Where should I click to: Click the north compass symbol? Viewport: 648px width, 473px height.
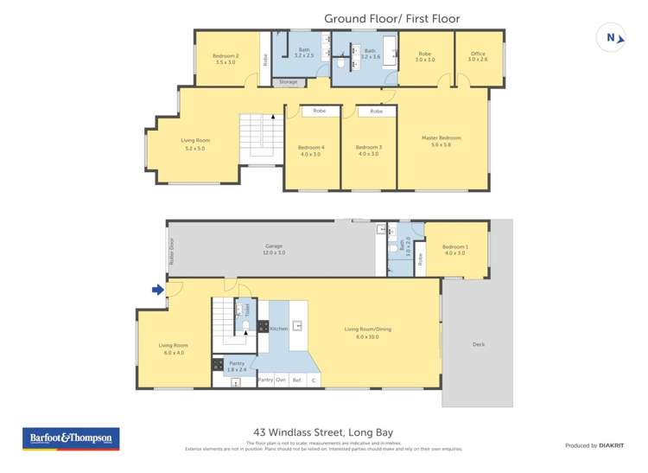[x=612, y=37]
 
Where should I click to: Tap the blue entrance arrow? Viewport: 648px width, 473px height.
[x=158, y=290]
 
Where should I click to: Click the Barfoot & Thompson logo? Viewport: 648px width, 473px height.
[x=71, y=438]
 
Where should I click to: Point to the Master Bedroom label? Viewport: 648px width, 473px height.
[x=441, y=141]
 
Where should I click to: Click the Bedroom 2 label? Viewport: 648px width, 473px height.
[x=225, y=59]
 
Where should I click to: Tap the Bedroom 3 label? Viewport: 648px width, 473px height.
[x=368, y=150]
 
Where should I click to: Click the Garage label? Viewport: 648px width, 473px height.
[x=274, y=249]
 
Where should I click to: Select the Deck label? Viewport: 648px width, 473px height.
[x=478, y=345]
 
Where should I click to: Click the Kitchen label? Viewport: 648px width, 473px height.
[x=278, y=329]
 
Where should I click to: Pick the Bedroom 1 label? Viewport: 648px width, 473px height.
[x=455, y=250]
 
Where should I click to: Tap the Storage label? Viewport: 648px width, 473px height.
[x=288, y=82]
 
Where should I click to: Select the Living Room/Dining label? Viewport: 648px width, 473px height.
[x=367, y=331]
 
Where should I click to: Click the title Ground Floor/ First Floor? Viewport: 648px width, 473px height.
[x=391, y=18]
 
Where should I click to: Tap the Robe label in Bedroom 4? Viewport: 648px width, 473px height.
[x=319, y=112]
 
